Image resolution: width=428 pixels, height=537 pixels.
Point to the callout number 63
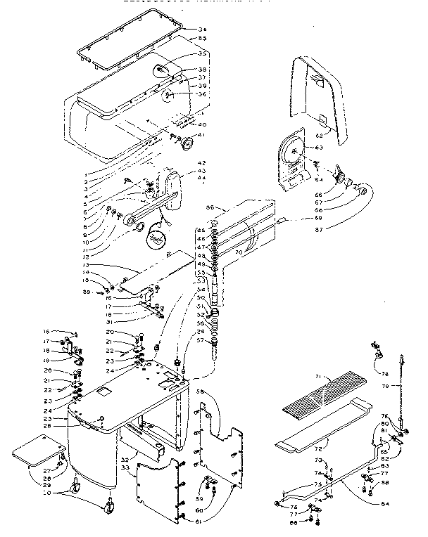tap(319, 148)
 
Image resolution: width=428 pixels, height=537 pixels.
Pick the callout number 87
tap(319, 229)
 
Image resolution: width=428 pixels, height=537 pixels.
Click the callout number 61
tap(200, 521)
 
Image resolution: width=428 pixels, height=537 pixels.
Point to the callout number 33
tap(125, 465)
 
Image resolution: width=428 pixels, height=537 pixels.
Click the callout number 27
tap(46, 470)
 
